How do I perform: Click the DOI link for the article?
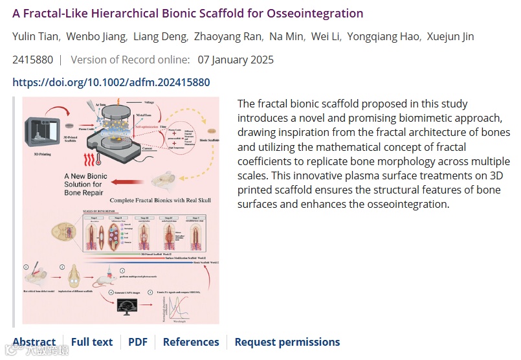(x=111, y=82)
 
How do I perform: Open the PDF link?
(x=138, y=342)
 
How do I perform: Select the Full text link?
(x=92, y=342)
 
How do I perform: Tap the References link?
(x=191, y=342)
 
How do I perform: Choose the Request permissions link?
(x=287, y=342)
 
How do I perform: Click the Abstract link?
(x=34, y=342)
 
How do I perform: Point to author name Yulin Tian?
(x=34, y=36)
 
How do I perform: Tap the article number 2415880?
(x=32, y=60)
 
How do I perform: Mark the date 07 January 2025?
(x=236, y=60)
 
